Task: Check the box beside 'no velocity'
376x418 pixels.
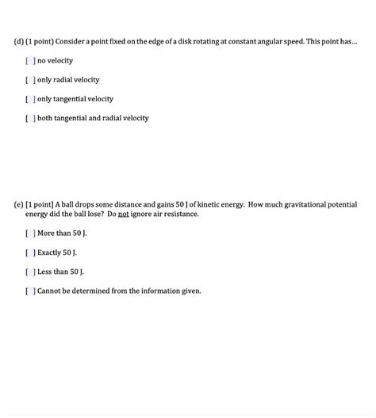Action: point(30,61)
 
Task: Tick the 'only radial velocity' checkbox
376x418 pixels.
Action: point(30,80)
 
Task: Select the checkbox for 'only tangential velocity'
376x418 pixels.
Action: point(30,99)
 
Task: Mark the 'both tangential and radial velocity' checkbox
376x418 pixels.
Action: point(30,118)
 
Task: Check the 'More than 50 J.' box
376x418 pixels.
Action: point(30,234)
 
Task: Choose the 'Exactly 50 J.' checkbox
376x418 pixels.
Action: point(30,253)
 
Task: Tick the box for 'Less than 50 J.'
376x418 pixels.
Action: point(30,272)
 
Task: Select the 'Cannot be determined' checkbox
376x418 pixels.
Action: point(30,291)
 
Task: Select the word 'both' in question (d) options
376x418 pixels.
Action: point(45,118)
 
